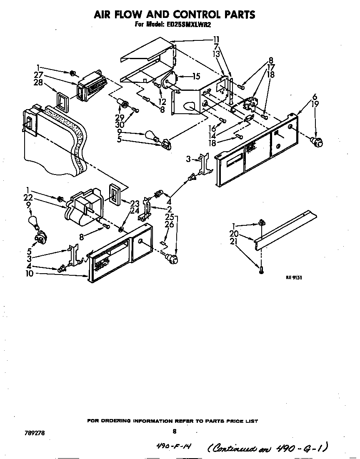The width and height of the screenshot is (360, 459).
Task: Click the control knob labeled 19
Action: coord(318,142)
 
